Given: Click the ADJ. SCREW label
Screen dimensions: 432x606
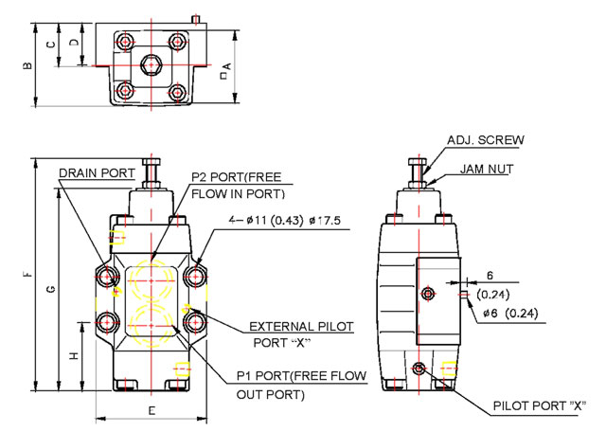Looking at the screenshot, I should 486,140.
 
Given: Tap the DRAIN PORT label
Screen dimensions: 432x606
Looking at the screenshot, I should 97,174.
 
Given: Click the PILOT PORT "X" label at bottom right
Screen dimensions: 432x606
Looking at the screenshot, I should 534,406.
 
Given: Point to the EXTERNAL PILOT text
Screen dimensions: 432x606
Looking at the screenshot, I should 301,326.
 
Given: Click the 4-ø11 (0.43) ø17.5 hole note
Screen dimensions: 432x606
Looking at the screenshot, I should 283,221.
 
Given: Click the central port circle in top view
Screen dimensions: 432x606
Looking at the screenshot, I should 151,65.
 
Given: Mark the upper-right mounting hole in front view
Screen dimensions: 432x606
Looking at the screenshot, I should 195,277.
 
